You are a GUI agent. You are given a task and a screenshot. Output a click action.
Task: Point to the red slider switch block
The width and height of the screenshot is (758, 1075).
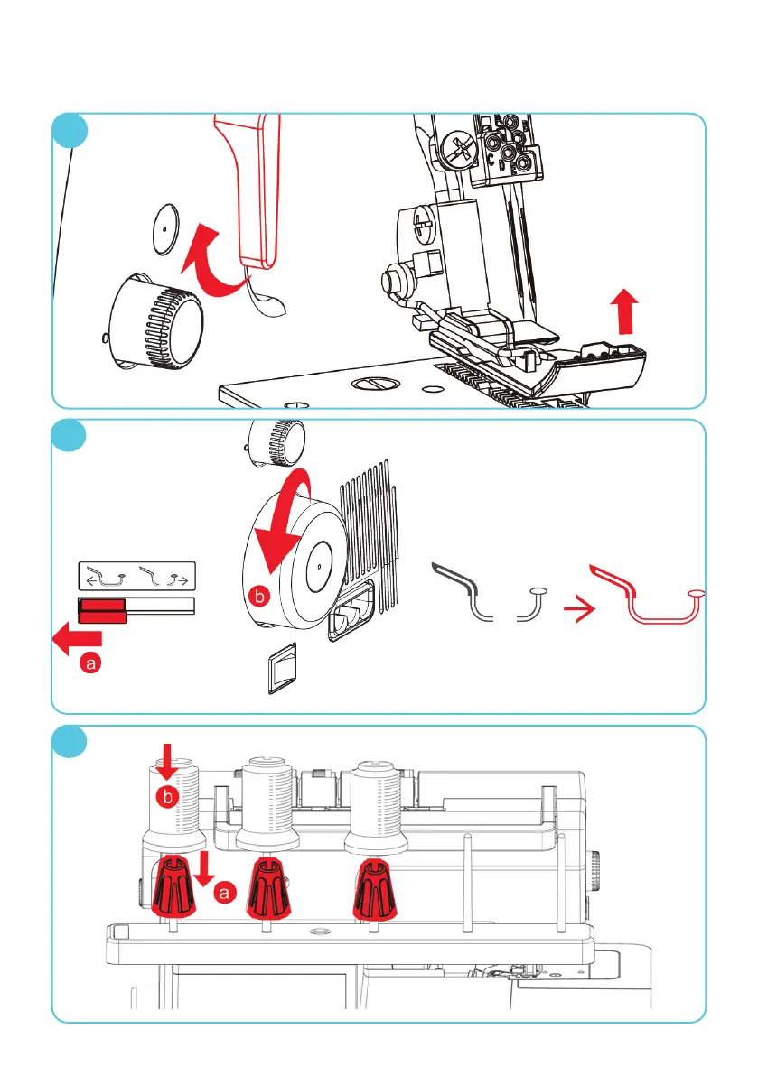point(102,610)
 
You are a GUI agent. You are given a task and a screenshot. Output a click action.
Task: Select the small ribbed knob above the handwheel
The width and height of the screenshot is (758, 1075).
point(276,440)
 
